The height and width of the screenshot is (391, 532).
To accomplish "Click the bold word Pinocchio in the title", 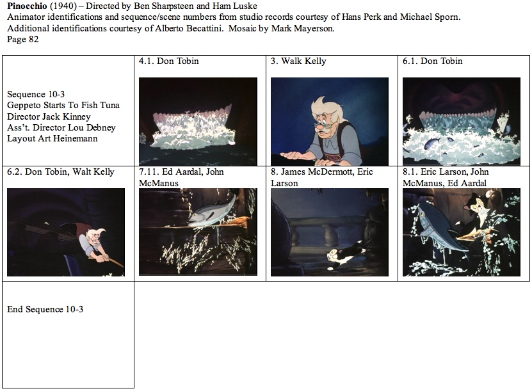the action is coord(27,6).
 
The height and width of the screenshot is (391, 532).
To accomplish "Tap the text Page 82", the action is coord(23,39).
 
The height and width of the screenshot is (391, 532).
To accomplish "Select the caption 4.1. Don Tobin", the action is coord(168,61).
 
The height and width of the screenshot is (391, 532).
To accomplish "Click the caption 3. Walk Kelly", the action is coord(298,61).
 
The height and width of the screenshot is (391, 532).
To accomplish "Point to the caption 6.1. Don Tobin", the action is coord(433,61).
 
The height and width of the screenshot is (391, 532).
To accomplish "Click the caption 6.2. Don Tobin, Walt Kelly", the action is coord(61,172).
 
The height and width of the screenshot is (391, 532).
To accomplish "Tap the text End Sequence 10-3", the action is coord(45,309).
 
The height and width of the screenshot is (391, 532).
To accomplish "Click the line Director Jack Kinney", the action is coord(49,116).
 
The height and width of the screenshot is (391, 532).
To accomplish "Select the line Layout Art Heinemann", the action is coord(52,138).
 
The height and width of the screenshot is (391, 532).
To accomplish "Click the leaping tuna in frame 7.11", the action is coord(213,211).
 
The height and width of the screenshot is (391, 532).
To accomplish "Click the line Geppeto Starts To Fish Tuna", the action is coord(63,106).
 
